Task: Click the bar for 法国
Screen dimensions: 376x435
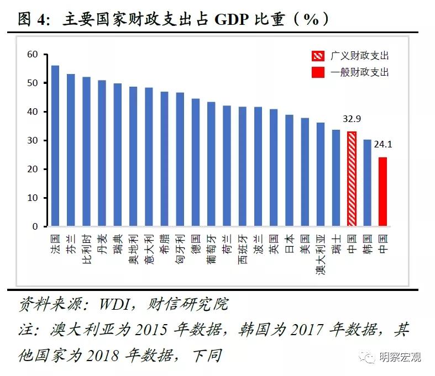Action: [x=55, y=146]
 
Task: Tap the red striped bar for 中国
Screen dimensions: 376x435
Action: [x=352, y=179]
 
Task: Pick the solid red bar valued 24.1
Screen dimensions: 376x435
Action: [x=382, y=192]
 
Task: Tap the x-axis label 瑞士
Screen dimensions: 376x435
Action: [x=336, y=242]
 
